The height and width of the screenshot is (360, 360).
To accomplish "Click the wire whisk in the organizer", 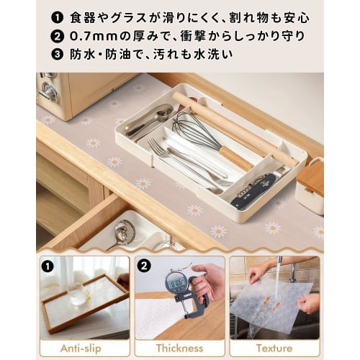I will (x=191, y=130).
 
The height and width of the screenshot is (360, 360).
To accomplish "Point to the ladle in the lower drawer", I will (x=124, y=232).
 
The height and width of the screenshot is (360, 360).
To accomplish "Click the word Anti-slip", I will (x=81, y=348).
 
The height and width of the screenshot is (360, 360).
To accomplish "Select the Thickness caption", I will (x=179, y=348).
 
